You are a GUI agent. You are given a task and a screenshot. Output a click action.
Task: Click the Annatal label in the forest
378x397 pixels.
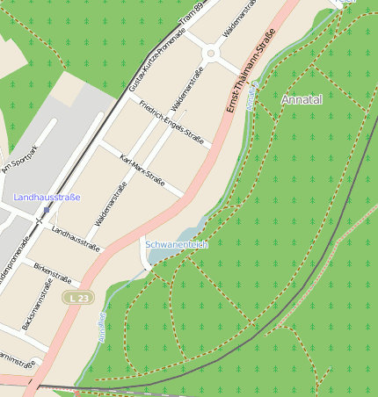[x=302, y=101]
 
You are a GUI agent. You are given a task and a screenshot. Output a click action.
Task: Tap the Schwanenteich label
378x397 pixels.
[x=176, y=244]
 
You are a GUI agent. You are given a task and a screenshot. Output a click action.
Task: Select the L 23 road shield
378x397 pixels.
[x=78, y=299]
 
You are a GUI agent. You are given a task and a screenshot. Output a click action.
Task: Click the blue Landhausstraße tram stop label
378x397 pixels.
[x=47, y=197]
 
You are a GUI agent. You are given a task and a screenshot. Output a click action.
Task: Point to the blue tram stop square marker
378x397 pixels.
[x=46, y=211]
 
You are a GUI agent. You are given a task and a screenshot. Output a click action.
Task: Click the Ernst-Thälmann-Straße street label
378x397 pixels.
[x=251, y=69]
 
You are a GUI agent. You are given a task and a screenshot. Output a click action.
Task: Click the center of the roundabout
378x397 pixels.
[x=211, y=54]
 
